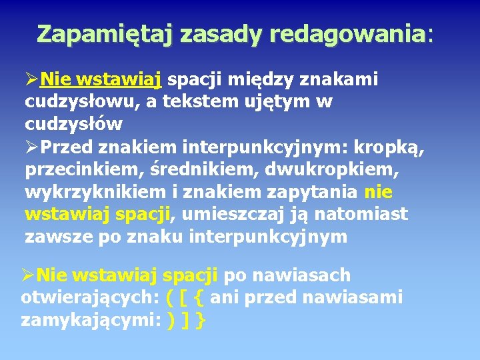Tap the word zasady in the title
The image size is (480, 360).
click(x=217, y=33)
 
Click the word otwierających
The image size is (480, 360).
click(x=87, y=297)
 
